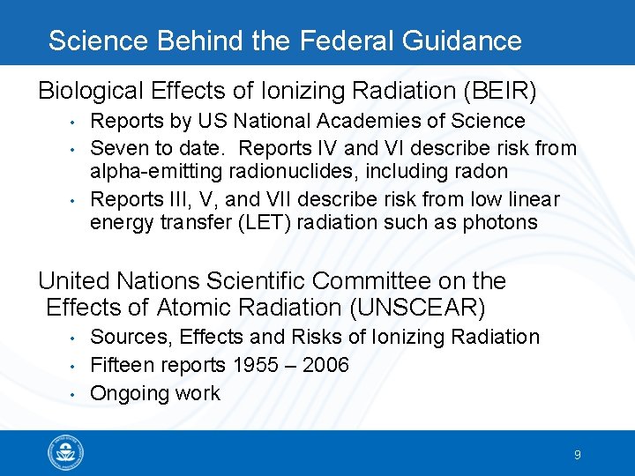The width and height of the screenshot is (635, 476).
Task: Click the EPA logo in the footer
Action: click(x=66, y=454)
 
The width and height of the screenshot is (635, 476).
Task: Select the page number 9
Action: click(x=577, y=455)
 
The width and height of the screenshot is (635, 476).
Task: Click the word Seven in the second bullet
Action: click(x=120, y=148)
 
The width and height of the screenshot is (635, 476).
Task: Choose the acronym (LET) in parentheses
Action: click(x=263, y=222)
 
